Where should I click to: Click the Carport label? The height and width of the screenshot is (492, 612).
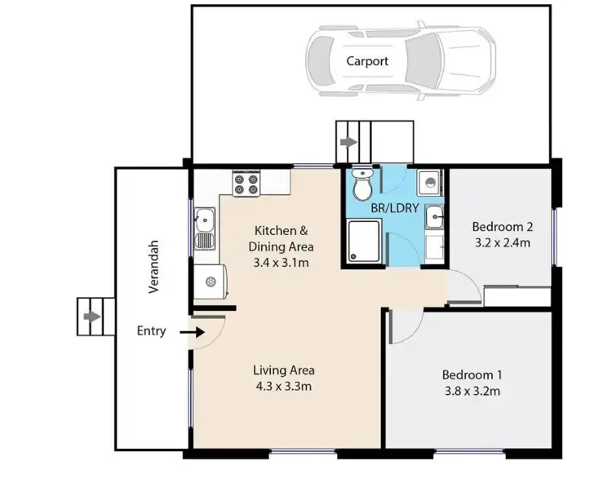366,61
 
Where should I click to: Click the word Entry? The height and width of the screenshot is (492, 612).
152,331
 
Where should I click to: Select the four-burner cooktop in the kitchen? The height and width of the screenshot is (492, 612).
246,182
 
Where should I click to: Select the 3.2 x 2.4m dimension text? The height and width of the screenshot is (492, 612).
502,242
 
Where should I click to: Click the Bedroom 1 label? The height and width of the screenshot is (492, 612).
471,375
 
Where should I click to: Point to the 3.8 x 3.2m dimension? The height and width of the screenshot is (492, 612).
471,391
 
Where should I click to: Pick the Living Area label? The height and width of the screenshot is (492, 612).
283,370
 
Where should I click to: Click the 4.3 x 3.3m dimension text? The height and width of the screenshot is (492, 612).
283,386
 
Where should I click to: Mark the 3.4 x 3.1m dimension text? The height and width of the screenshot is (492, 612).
282,262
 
